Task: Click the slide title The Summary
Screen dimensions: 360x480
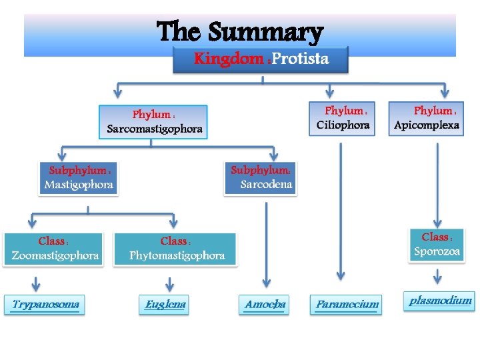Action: (240, 31)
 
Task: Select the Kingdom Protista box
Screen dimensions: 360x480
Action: (261, 59)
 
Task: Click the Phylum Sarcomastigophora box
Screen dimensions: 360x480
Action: (153, 121)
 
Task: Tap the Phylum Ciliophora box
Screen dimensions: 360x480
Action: (343, 118)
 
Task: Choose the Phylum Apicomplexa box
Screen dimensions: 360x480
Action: (427, 118)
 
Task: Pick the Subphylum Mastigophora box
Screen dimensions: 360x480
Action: (79, 177)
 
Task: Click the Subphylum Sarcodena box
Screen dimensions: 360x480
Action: (261, 177)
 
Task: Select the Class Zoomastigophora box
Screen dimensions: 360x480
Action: (54, 248)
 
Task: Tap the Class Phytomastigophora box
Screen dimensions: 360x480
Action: (176, 248)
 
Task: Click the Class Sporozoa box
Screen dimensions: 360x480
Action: (437, 244)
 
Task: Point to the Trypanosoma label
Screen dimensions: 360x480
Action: (45, 305)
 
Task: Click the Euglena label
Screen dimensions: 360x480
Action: (165, 305)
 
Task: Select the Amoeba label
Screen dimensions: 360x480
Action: (265, 305)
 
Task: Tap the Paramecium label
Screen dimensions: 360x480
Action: (347, 305)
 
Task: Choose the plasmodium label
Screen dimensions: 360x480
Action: (440, 301)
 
